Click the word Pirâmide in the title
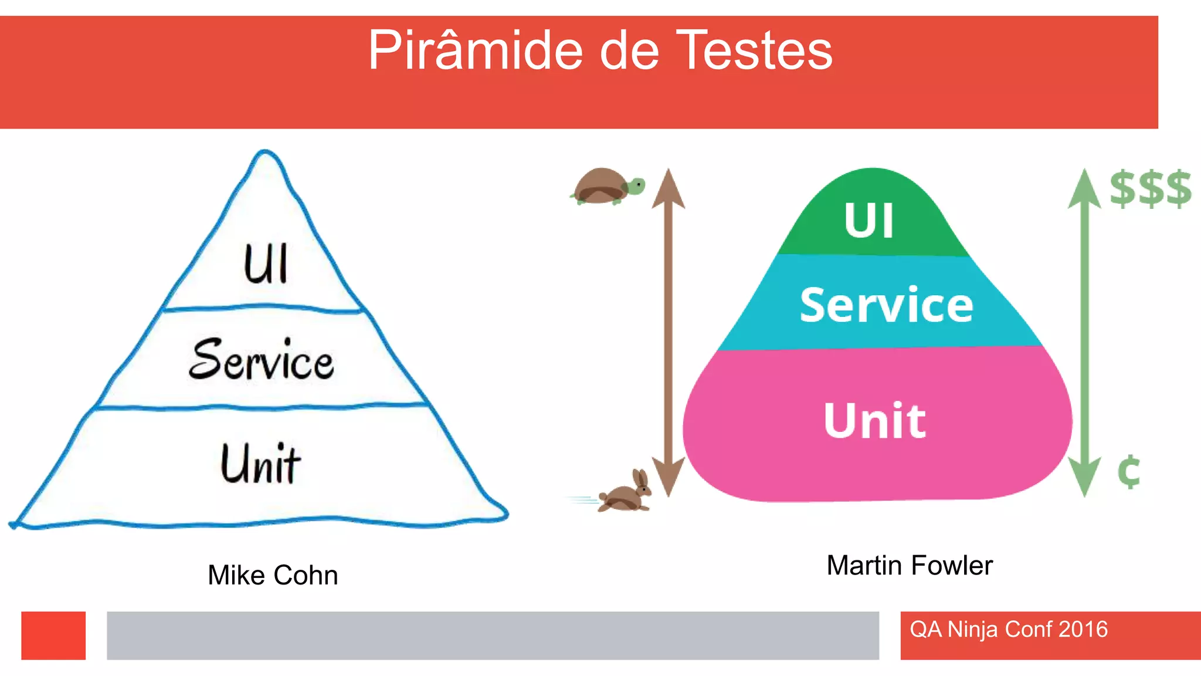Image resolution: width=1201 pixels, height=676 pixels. [475, 51]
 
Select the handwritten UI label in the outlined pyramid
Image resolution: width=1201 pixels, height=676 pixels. [266, 264]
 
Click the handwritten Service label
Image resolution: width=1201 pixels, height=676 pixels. [262, 359]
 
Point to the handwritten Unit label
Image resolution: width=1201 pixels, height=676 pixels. [260, 464]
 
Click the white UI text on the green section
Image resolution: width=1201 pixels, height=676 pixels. [869, 221]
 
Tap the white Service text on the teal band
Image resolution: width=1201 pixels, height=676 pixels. [886, 305]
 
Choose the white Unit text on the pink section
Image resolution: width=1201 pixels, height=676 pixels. [875, 421]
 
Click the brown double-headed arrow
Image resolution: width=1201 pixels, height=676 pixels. [668, 332]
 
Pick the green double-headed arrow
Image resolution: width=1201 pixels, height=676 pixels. [1084, 332]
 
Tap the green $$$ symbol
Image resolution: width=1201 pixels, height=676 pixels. [1150, 188]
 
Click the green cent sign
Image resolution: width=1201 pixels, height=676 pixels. [1129, 472]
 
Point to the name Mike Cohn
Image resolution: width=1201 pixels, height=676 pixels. [273, 575]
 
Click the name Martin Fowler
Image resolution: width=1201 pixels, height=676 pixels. [910, 566]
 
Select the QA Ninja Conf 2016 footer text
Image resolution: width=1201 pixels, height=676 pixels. [1009, 630]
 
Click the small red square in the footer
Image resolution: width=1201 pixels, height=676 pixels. [53, 636]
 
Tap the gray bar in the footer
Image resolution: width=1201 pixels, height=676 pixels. [493, 636]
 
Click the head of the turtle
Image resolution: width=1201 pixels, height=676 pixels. [636, 187]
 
